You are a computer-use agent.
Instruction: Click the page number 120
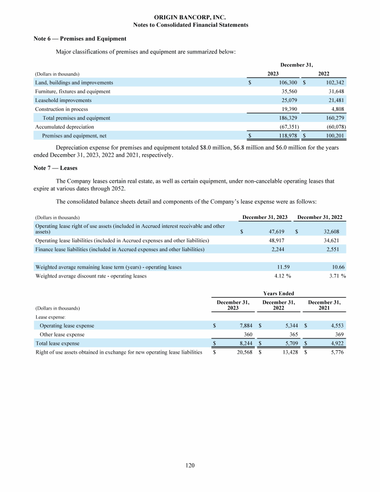point(190,465)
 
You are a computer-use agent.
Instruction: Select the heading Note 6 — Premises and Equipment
point(80,39)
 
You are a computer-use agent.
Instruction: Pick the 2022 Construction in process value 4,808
point(337,109)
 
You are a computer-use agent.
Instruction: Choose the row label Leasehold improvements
point(63,100)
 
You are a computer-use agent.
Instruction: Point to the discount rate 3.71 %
point(336,276)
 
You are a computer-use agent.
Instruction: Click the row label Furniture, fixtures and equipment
point(72,92)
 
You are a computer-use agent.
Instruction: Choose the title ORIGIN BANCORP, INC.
point(190,17)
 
